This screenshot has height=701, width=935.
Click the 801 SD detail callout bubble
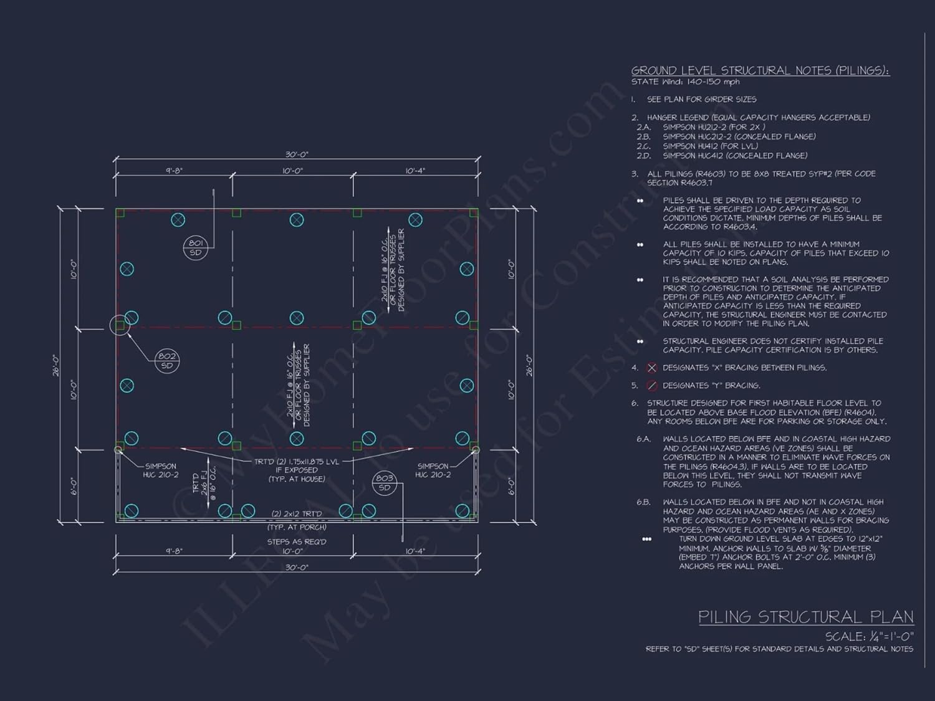(x=195, y=247)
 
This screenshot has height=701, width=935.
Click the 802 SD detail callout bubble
(x=167, y=361)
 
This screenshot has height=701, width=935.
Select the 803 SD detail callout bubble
(x=384, y=483)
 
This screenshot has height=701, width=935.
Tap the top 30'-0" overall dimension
(x=297, y=155)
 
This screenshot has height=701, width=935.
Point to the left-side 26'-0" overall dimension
(x=55, y=365)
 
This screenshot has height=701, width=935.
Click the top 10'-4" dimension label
(x=415, y=171)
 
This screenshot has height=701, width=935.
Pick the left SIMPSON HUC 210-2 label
(x=160, y=470)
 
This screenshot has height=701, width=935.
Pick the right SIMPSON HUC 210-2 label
(x=433, y=470)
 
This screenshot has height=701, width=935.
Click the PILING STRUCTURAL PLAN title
(x=805, y=617)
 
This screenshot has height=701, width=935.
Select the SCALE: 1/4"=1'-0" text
(x=869, y=636)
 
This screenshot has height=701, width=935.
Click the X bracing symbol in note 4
(x=652, y=368)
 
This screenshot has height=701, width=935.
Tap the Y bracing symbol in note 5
(x=652, y=386)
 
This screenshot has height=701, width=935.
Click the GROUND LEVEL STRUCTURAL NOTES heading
(x=760, y=70)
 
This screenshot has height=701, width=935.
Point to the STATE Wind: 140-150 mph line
(x=685, y=82)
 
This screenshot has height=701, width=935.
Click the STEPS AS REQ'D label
(x=297, y=541)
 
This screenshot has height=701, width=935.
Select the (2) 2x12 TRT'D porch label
(x=297, y=514)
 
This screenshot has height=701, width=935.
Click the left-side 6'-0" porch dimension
(x=74, y=485)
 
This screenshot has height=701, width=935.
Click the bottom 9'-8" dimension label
(x=174, y=551)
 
